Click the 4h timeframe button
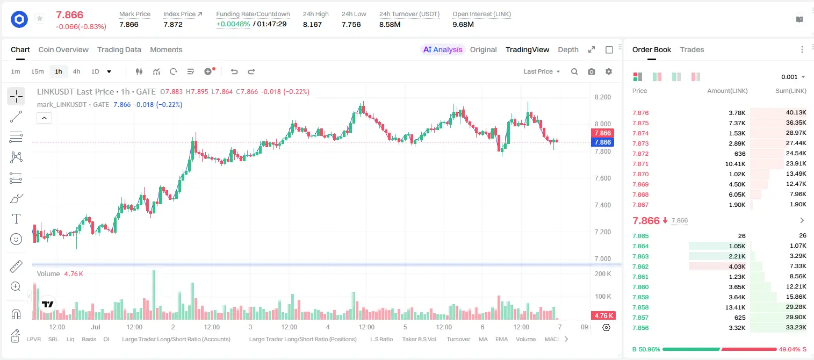(76, 71)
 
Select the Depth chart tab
(568, 50)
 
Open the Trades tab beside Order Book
(692, 50)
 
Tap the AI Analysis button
(443, 50)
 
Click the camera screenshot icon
(592, 71)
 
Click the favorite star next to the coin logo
(40, 18)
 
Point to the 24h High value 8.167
(312, 24)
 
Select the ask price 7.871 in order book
(640, 164)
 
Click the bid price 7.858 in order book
(640, 307)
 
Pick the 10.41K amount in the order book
(735, 164)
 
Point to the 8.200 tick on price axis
(603, 97)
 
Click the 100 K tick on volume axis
(603, 297)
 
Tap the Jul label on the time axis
(96, 327)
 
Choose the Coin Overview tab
(63, 50)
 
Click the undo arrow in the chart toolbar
(234, 71)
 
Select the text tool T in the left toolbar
(16, 219)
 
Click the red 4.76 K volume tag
(603, 316)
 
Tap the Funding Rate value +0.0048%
(233, 24)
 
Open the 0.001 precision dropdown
(793, 77)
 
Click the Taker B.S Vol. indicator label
(419, 339)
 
